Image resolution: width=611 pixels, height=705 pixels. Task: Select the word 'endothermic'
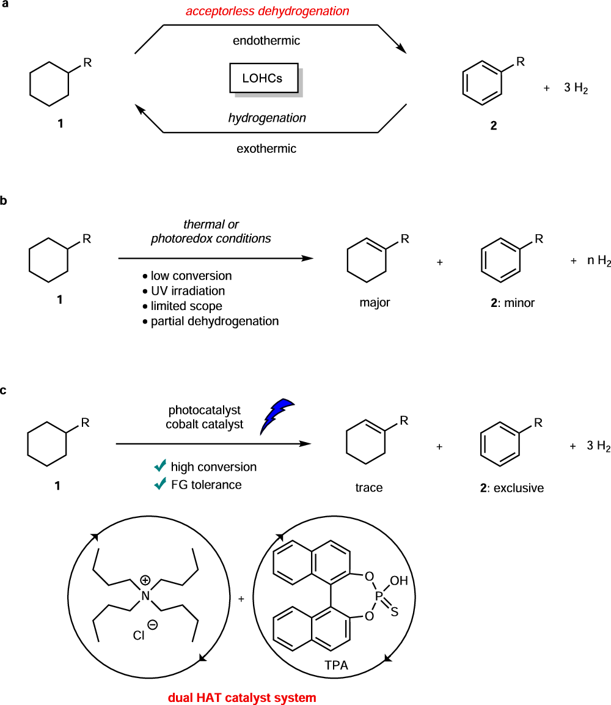268,41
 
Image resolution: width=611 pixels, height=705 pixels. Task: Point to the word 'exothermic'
267,148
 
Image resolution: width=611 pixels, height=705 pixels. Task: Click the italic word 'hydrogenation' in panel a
267,117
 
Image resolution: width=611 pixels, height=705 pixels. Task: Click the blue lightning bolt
279,415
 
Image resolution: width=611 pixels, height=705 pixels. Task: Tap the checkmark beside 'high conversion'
161,467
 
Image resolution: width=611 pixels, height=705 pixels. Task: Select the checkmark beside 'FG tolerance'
161,484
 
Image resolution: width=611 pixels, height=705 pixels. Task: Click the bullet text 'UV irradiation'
188,291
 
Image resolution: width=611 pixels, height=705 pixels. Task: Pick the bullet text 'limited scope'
186,306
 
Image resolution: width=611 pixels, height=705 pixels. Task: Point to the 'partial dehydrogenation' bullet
214,321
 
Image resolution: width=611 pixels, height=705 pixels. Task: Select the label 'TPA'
336,665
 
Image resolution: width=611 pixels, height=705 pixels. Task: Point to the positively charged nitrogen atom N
145,595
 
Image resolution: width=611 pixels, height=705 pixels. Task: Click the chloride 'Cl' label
138,636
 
